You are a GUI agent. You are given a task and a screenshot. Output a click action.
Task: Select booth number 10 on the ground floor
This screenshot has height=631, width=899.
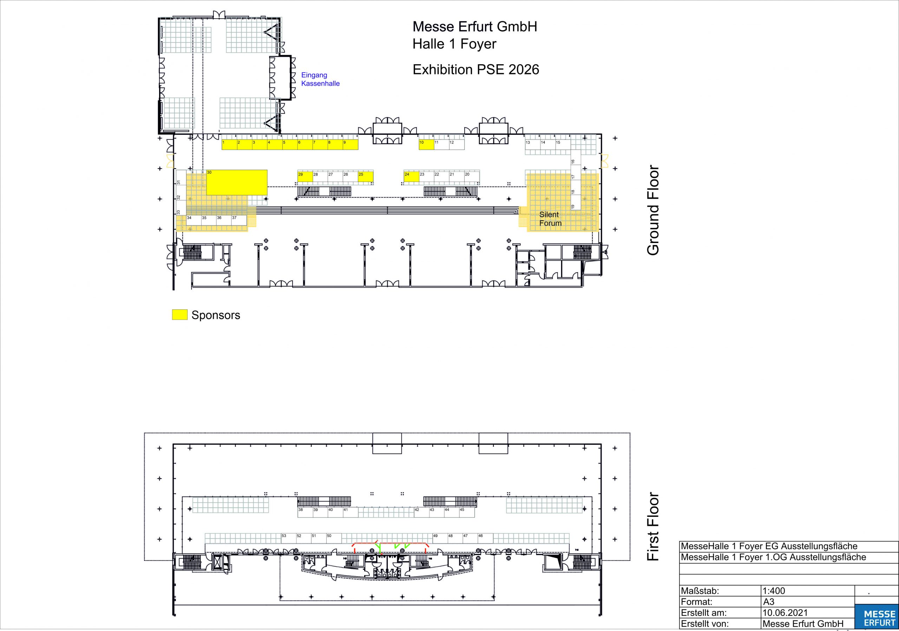(426, 144)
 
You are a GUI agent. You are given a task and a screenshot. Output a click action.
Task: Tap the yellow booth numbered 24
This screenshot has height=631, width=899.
(412, 177)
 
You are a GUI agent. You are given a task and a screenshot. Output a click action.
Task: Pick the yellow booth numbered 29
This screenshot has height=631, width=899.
(306, 177)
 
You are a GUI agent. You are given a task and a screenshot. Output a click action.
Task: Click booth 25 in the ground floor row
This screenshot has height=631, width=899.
(366, 177)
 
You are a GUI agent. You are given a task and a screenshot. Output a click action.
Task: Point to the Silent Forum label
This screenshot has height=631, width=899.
(550, 219)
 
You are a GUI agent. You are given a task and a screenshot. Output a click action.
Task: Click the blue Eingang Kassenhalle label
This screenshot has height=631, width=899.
(320, 79)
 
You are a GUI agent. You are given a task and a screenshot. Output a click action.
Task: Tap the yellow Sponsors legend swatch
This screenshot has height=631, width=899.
(180, 315)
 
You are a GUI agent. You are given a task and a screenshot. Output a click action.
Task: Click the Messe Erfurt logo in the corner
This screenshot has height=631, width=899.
(879, 618)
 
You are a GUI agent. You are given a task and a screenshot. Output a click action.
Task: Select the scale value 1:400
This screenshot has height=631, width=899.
(774, 591)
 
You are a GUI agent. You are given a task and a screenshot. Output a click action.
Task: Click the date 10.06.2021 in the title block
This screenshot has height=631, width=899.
(785, 613)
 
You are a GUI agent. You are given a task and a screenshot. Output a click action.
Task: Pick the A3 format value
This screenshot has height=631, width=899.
(769, 602)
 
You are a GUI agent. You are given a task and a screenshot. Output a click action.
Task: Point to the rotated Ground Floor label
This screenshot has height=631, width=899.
(653, 211)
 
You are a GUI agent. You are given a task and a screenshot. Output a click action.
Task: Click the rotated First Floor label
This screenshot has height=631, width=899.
(653, 526)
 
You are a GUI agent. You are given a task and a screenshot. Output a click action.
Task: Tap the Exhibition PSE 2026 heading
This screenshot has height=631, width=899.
(476, 69)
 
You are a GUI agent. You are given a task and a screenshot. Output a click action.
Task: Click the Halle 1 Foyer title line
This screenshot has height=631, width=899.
(454, 44)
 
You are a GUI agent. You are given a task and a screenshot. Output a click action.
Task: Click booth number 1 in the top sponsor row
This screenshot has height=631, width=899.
(229, 144)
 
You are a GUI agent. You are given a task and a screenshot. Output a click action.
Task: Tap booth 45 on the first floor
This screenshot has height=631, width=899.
(467, 512)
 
